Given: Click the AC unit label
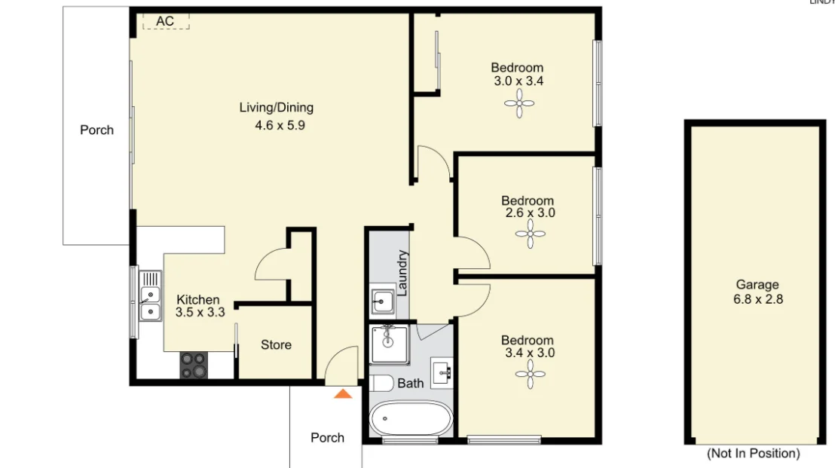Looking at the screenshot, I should [165, 21].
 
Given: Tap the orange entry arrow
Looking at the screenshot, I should [343, 393].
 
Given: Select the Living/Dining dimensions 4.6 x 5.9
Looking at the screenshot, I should [280, 126].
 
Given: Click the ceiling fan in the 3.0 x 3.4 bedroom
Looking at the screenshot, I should [518, 103].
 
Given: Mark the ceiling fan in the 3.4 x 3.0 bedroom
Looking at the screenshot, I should [530, 375].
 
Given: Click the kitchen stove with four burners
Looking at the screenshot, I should [193, 365].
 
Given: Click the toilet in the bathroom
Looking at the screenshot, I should [381, 384].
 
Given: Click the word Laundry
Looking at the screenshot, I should [403, 272].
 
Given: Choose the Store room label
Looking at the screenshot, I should [276, 345].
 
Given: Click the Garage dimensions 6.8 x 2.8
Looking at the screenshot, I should [757, 299].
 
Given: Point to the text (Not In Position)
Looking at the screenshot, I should [753, 454].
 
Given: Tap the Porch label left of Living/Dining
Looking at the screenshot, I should [97, 130].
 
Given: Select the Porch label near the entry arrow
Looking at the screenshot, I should [328, 438].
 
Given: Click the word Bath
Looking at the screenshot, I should [411, 384].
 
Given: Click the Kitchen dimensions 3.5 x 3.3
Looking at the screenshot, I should [200, 312].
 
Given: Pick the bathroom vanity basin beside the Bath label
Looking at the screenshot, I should [442, 372].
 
